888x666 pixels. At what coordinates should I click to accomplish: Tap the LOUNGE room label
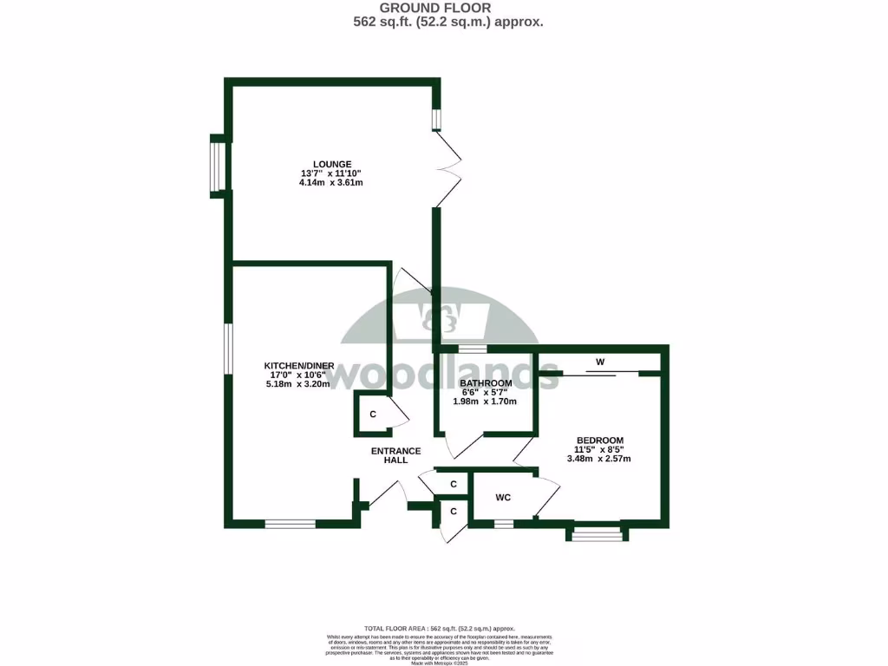[x=331, y=164]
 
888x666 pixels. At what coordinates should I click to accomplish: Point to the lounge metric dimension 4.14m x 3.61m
[x=331, y=183]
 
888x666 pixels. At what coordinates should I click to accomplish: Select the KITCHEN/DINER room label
[x=297, y=365]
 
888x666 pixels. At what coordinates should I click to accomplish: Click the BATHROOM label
[x=485, y=383]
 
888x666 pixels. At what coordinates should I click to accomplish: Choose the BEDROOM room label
[x=598, y=440]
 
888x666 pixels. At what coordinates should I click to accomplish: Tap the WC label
[x=502, y=498]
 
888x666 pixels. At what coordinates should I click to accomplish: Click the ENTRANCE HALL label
[x=395, y=455]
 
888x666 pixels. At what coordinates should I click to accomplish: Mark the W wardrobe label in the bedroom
[x=599, y=362]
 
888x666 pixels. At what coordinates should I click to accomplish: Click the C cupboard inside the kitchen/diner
[x=373, y=415]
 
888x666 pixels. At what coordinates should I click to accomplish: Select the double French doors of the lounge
[x=449, y=170]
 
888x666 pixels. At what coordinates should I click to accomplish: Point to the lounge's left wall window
[x=217, y=165]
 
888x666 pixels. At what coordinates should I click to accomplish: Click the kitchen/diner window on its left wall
[x=228, y=349]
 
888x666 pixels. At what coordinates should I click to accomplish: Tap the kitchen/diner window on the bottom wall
[x=290, y=523]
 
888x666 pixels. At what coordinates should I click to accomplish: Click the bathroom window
[x=473, y=349]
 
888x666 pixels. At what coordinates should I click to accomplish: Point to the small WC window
[x=503, y=523]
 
